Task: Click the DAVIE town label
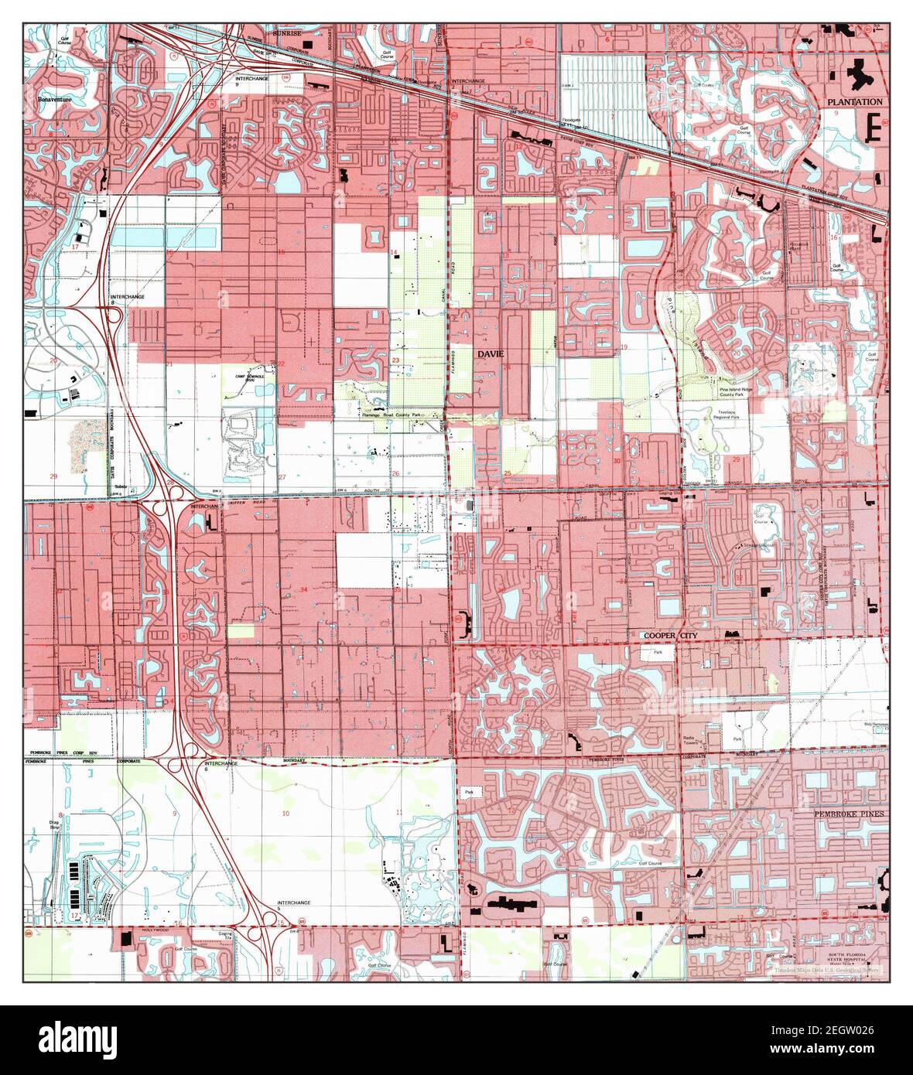point(490,353)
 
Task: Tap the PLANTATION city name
point(853,102)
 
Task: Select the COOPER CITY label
point(669,635)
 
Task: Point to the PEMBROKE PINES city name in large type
point(848,814)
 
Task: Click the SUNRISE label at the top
point(286,35)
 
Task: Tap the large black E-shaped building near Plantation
point(874,125)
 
